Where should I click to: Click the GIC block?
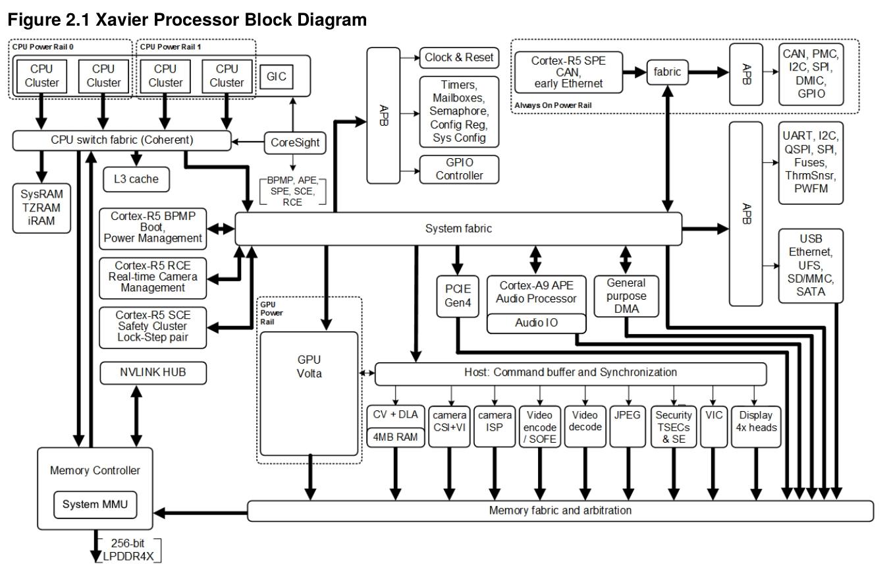(276, 76)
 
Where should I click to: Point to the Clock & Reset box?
(458, 57)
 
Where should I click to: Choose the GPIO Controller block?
(459, 169)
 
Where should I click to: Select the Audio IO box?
(535, 324)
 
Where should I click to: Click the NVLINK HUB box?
(153, 372)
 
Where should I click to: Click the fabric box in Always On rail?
(668, 73)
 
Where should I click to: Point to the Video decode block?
(583, 421)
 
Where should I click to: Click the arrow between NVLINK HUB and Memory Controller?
(137, 415)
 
